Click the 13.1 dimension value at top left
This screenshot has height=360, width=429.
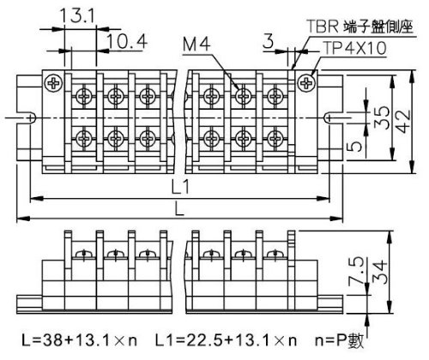click(x=78, y=16)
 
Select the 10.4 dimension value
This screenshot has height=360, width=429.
click(x=128, y=41)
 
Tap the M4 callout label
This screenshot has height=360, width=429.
click(x=196, y=45)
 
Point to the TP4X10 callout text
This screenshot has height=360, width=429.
click(x=354, y=48)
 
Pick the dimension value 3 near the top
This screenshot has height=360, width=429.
click(x=268, y=42)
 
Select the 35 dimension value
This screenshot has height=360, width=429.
click(x=382, y=117)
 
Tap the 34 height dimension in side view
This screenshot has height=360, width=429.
click(x=380, y=272)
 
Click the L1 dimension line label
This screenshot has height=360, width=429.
click(x=180, y=188)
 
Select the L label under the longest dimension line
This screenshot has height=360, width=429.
click(x=179, y=209)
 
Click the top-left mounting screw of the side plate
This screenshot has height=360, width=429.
click(x=53, y=83)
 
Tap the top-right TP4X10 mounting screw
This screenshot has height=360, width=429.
click(x=306, y=83)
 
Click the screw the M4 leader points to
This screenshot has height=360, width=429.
click(x=243, y=96)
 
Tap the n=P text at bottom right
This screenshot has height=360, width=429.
click(x=330, y=340)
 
